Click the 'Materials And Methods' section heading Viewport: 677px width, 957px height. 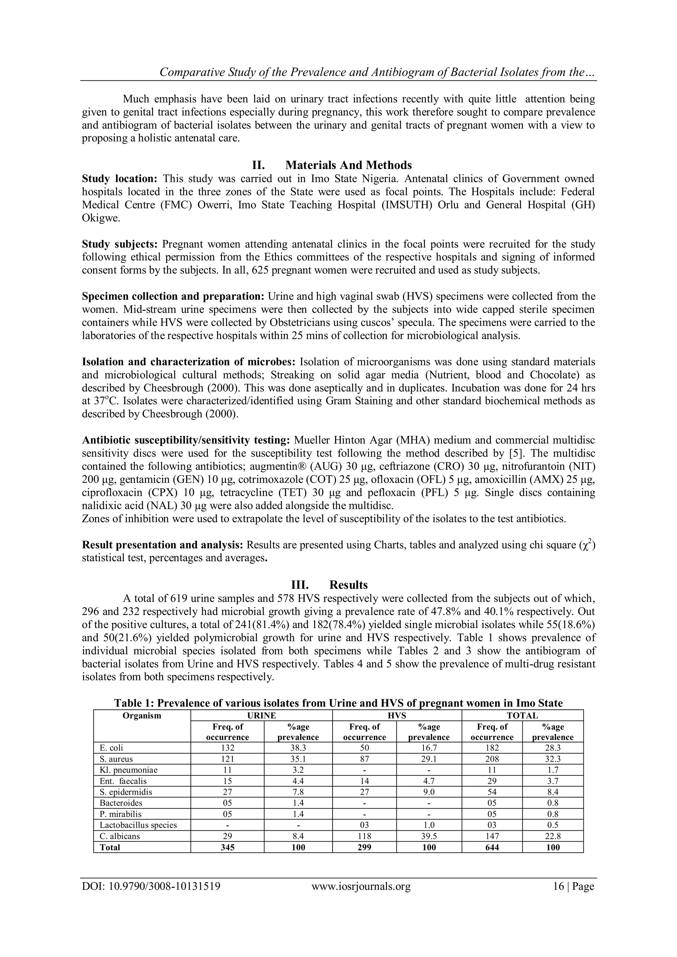[x=348, y=166]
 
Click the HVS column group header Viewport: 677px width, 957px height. [x=397, y=716]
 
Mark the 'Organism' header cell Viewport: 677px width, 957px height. [x=142, y=716]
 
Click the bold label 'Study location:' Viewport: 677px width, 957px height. [x=119, y=179]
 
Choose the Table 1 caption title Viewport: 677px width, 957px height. [x=338, y=703]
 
